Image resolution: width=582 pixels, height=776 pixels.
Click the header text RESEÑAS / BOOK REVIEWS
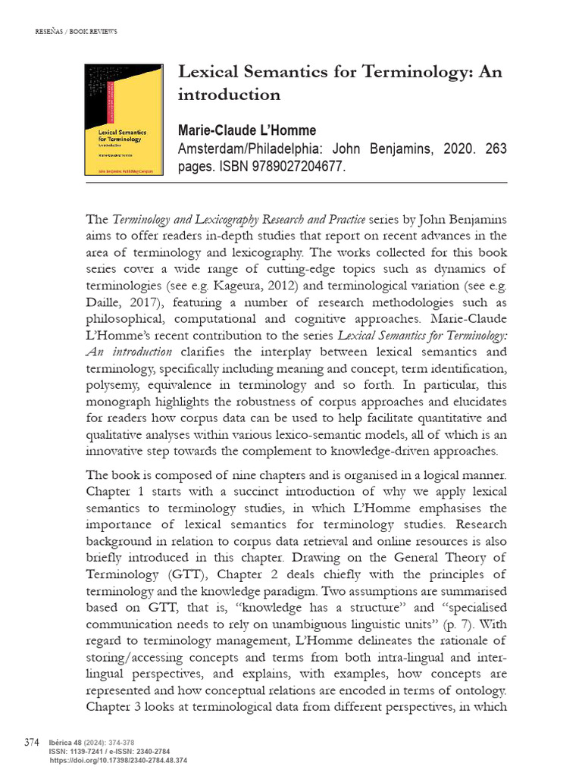coord(77,31)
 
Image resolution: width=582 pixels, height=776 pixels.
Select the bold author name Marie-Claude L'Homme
coord(246,130)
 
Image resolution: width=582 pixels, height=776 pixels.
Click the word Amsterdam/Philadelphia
coord(243,149)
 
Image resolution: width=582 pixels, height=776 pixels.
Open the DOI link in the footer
coord(117,760)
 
